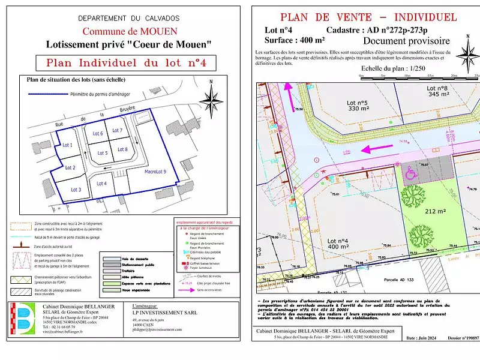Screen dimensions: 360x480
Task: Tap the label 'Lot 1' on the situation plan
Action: (x=67, y=145)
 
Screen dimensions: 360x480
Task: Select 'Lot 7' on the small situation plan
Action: (x=117, y=130)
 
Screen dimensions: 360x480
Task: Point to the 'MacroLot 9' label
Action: (x=155, y=172)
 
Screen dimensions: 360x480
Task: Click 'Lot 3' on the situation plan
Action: (x=76, y=190)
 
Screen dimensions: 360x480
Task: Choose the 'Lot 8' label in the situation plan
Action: (x=122, y=149)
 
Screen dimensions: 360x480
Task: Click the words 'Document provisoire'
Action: (x=406, y=41)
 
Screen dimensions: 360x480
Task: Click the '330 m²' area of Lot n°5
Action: (x=358, y=109)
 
